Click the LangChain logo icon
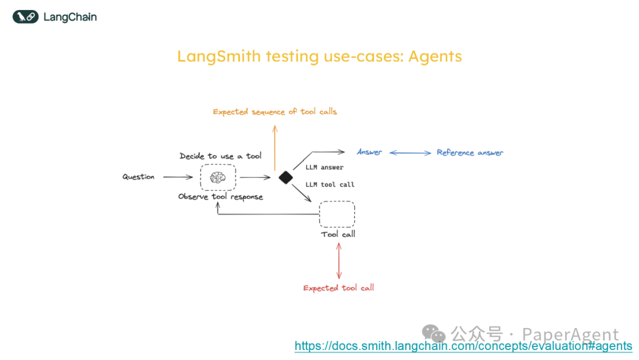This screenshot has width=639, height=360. point(25,17)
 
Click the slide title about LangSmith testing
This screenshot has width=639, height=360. point(319,57)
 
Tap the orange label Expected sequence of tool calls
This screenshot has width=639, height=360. point(275,111)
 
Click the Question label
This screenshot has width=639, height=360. point(138,177)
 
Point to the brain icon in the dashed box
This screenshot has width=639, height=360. point(218,177)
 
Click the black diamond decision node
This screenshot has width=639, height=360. point(286,178)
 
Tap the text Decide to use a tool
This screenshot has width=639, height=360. point(221,156)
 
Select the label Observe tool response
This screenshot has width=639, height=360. point(221,197)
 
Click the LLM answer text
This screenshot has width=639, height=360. point(324,168)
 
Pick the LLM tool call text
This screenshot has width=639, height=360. point(330,185)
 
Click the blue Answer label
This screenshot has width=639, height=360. point(370,152)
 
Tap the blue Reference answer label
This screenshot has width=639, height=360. point(470,153)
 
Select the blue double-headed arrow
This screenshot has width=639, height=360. point(410,153)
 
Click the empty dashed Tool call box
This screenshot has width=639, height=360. point(337,214)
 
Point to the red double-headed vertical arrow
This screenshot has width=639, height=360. point(339,260)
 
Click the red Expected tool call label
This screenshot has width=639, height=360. point(339,288)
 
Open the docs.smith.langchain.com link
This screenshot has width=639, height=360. point(463,346)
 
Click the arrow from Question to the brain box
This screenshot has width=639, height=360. point(178,177)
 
